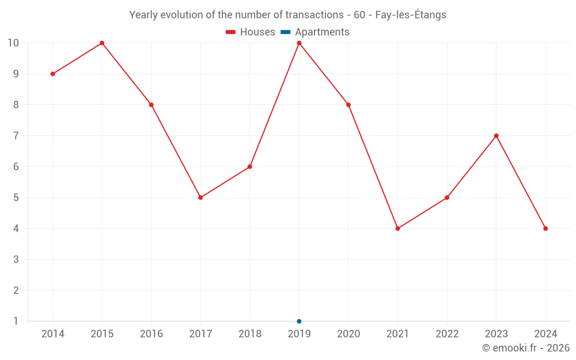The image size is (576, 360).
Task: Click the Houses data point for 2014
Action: tap(52, 74)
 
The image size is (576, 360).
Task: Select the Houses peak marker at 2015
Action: tap(102, 43)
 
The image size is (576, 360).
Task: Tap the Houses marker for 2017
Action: tap(200, 198)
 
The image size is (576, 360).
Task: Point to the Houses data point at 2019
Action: tap(299, 43)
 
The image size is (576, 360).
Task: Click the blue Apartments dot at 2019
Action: tap(299, 321)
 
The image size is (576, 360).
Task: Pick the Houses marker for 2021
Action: tap(397, 229)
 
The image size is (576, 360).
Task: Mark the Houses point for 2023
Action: tap(496, 136)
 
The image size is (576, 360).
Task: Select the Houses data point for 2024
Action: tap(545, 229)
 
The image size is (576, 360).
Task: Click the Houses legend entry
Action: tap(251, 32)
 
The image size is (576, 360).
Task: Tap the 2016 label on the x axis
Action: tap(151, 334)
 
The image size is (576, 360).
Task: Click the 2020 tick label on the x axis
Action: tap(348, 334)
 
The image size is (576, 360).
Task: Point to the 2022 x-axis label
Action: tap(447, 334)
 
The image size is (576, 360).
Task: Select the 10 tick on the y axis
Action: tap(13, 43)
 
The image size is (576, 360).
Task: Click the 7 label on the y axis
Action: tap(16, 136)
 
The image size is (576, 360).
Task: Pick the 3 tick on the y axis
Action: tap(16, 259)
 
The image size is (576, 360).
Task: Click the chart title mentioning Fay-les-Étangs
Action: tap(287, 15)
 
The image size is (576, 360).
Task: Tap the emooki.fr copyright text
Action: tap(525, 348)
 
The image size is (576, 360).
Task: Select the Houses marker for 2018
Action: tap(250, 166)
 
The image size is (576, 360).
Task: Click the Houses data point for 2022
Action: tap(447, 198)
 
